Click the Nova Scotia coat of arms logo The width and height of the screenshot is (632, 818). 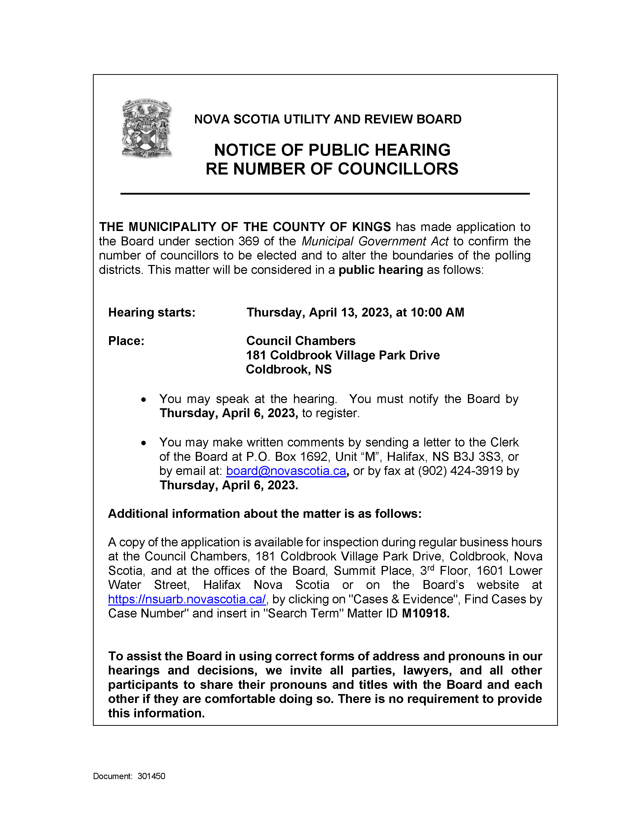[147, 128]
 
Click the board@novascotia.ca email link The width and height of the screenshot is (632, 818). [286, 471]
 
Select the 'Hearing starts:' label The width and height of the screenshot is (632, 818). [152, 312]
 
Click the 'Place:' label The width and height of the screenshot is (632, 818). [126, 341]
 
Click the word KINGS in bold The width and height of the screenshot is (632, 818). [371, 227]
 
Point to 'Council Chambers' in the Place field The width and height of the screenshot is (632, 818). [301, 341]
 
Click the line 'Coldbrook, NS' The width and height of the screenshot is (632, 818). [289, 370]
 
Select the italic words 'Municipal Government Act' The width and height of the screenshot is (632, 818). [375, 241]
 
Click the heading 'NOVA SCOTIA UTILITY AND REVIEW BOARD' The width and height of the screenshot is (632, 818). [328, 119]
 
